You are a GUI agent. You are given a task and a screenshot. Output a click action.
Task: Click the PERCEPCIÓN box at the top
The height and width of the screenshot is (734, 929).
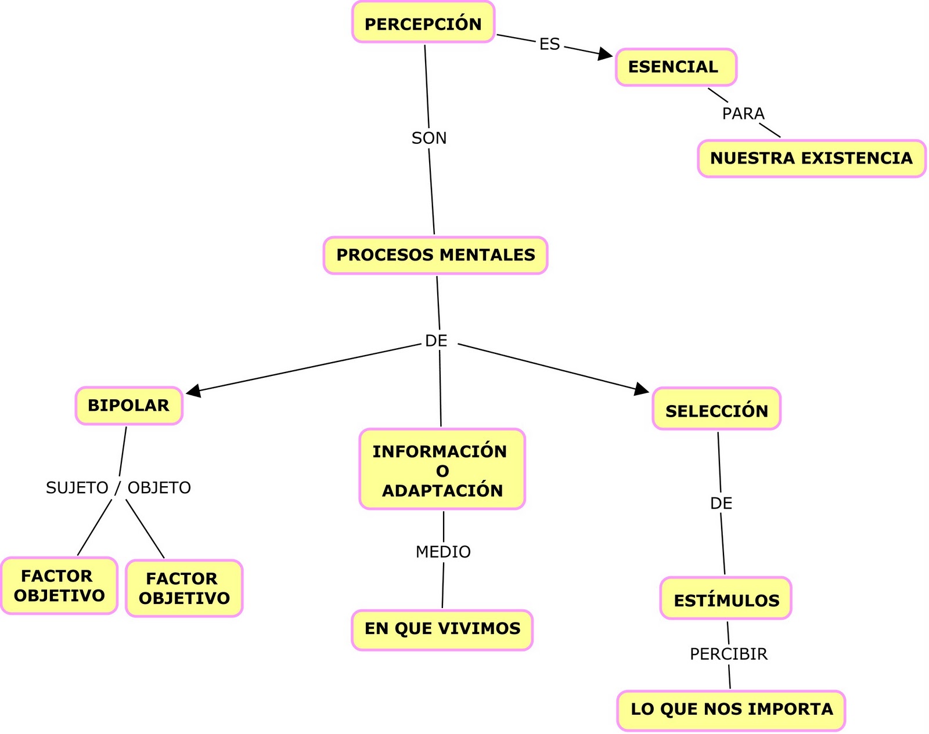[423, 23]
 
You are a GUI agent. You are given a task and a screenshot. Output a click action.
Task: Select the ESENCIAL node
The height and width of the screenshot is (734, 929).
[676, 67]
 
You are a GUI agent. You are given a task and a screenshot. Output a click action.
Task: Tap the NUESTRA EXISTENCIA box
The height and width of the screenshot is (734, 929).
[811, 158]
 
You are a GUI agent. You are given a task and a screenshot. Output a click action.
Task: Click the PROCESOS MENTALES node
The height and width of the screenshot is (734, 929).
[435, 255]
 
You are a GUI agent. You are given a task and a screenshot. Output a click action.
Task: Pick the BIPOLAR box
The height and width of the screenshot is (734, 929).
[129, 406]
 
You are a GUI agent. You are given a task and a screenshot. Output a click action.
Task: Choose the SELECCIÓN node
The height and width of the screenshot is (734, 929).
[716, 410]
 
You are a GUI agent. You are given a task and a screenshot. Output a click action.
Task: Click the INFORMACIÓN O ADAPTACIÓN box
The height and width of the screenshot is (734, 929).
[442, 469]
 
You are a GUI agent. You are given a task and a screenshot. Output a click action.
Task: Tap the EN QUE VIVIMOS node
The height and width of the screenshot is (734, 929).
[442, 630]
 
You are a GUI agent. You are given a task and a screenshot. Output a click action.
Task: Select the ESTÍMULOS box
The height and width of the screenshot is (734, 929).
[726, 599]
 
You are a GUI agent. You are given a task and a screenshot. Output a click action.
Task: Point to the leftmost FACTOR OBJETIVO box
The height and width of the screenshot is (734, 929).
[59, 586]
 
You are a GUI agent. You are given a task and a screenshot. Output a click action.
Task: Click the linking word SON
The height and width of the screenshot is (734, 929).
[429, 138]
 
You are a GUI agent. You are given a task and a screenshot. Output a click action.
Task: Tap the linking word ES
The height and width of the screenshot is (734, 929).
[549, 44]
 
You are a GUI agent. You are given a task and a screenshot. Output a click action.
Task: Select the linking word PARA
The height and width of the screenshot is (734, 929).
[743, 114]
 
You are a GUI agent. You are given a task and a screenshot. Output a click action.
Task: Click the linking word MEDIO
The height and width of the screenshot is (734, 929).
[443, 552]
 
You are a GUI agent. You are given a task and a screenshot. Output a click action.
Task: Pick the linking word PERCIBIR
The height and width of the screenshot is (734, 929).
[729, 655]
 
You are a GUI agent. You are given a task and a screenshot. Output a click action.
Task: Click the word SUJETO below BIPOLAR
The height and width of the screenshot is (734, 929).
[77, 488]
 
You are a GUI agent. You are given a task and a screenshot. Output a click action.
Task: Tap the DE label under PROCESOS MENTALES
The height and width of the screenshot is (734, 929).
[436, 341]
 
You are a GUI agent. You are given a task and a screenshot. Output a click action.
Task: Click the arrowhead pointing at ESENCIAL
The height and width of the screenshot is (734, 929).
[606, 55]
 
